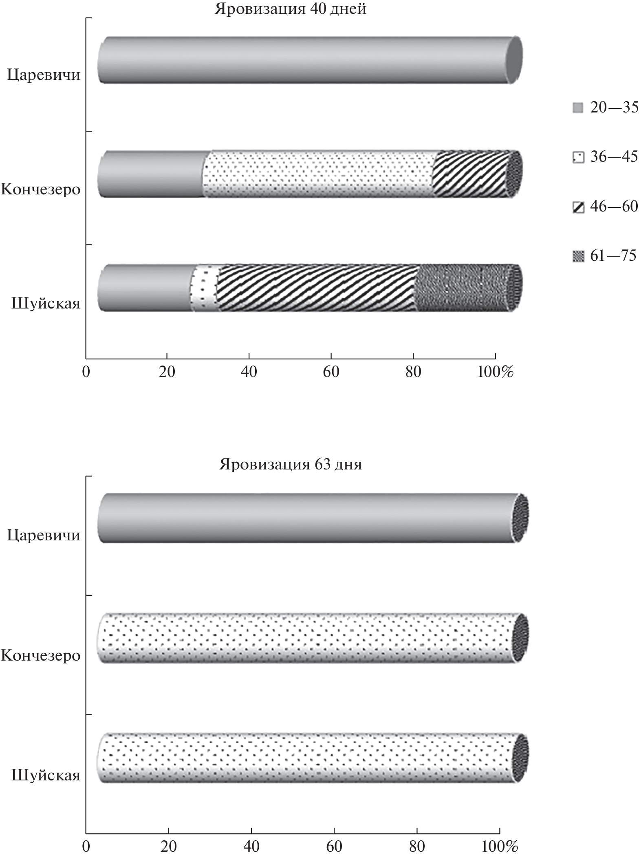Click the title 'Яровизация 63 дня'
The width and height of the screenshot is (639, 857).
(291, 465)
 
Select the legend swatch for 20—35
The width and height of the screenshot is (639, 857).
(578, 108)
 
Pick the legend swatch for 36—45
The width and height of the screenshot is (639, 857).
(578, 157)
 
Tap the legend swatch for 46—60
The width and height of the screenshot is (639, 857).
(578, 207)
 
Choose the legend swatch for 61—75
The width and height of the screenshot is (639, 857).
(578, 256)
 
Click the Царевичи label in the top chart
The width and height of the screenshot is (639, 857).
(44, 76)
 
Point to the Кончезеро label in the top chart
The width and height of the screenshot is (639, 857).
(40, 190)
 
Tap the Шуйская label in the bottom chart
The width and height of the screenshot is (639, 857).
(46, 775)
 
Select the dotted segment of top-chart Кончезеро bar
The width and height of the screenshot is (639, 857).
(318, 174)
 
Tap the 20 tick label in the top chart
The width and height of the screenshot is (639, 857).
(167, 372)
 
